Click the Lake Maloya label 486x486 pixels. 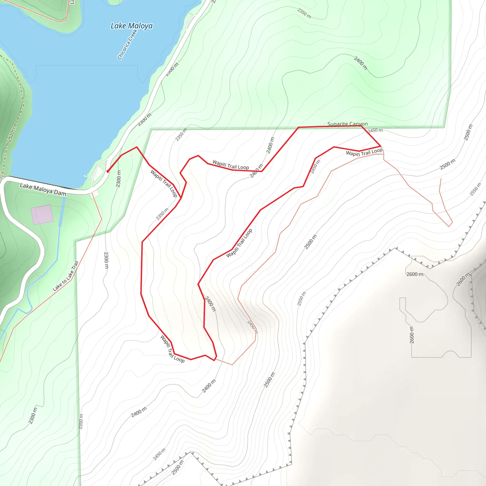[131, 26]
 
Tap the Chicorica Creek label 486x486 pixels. [127, 45]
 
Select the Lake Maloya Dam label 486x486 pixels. [43, 189]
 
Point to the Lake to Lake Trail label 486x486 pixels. [66, 276]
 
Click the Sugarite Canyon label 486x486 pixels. [347, 124]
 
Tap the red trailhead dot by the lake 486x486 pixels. [108, 171]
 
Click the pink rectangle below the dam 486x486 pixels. [42, 214]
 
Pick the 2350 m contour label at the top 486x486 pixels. [304, 13]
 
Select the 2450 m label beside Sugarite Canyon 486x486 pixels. [375, 130]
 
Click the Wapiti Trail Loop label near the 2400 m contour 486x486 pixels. [231, 165]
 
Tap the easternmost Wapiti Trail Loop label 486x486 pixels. [364, 152]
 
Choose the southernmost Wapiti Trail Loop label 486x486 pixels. [172, 349]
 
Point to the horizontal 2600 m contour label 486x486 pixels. [415, 274]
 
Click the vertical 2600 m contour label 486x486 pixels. [411, 335]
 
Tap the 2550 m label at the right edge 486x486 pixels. [475, 189]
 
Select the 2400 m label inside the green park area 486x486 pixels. [360, 63]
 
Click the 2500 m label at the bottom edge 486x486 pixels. [178, 467]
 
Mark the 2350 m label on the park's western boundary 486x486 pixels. [81, 421]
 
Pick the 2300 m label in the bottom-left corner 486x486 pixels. [33, 416]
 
